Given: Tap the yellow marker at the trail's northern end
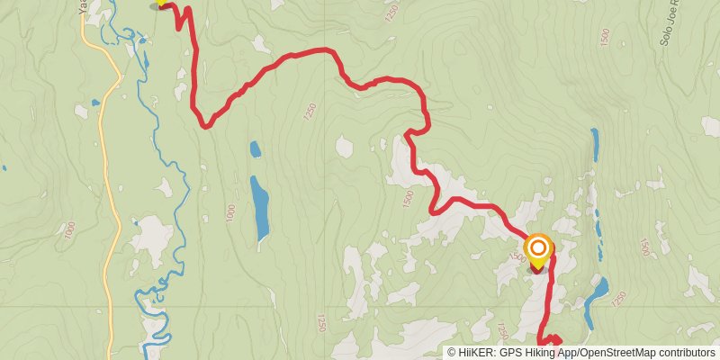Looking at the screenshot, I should click(162, 3).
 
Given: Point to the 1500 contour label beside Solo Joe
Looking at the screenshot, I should click(604, 38).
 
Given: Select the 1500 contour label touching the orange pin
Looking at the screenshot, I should click(517, 257).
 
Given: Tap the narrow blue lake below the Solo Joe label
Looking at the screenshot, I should click(595, 144).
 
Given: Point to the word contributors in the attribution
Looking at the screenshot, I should click(685, 353).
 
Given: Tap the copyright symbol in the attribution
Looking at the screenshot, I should click(452, 353).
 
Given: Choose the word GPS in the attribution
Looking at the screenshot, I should click(512, 353).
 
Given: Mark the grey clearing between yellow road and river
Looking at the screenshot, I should click(150, 236).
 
